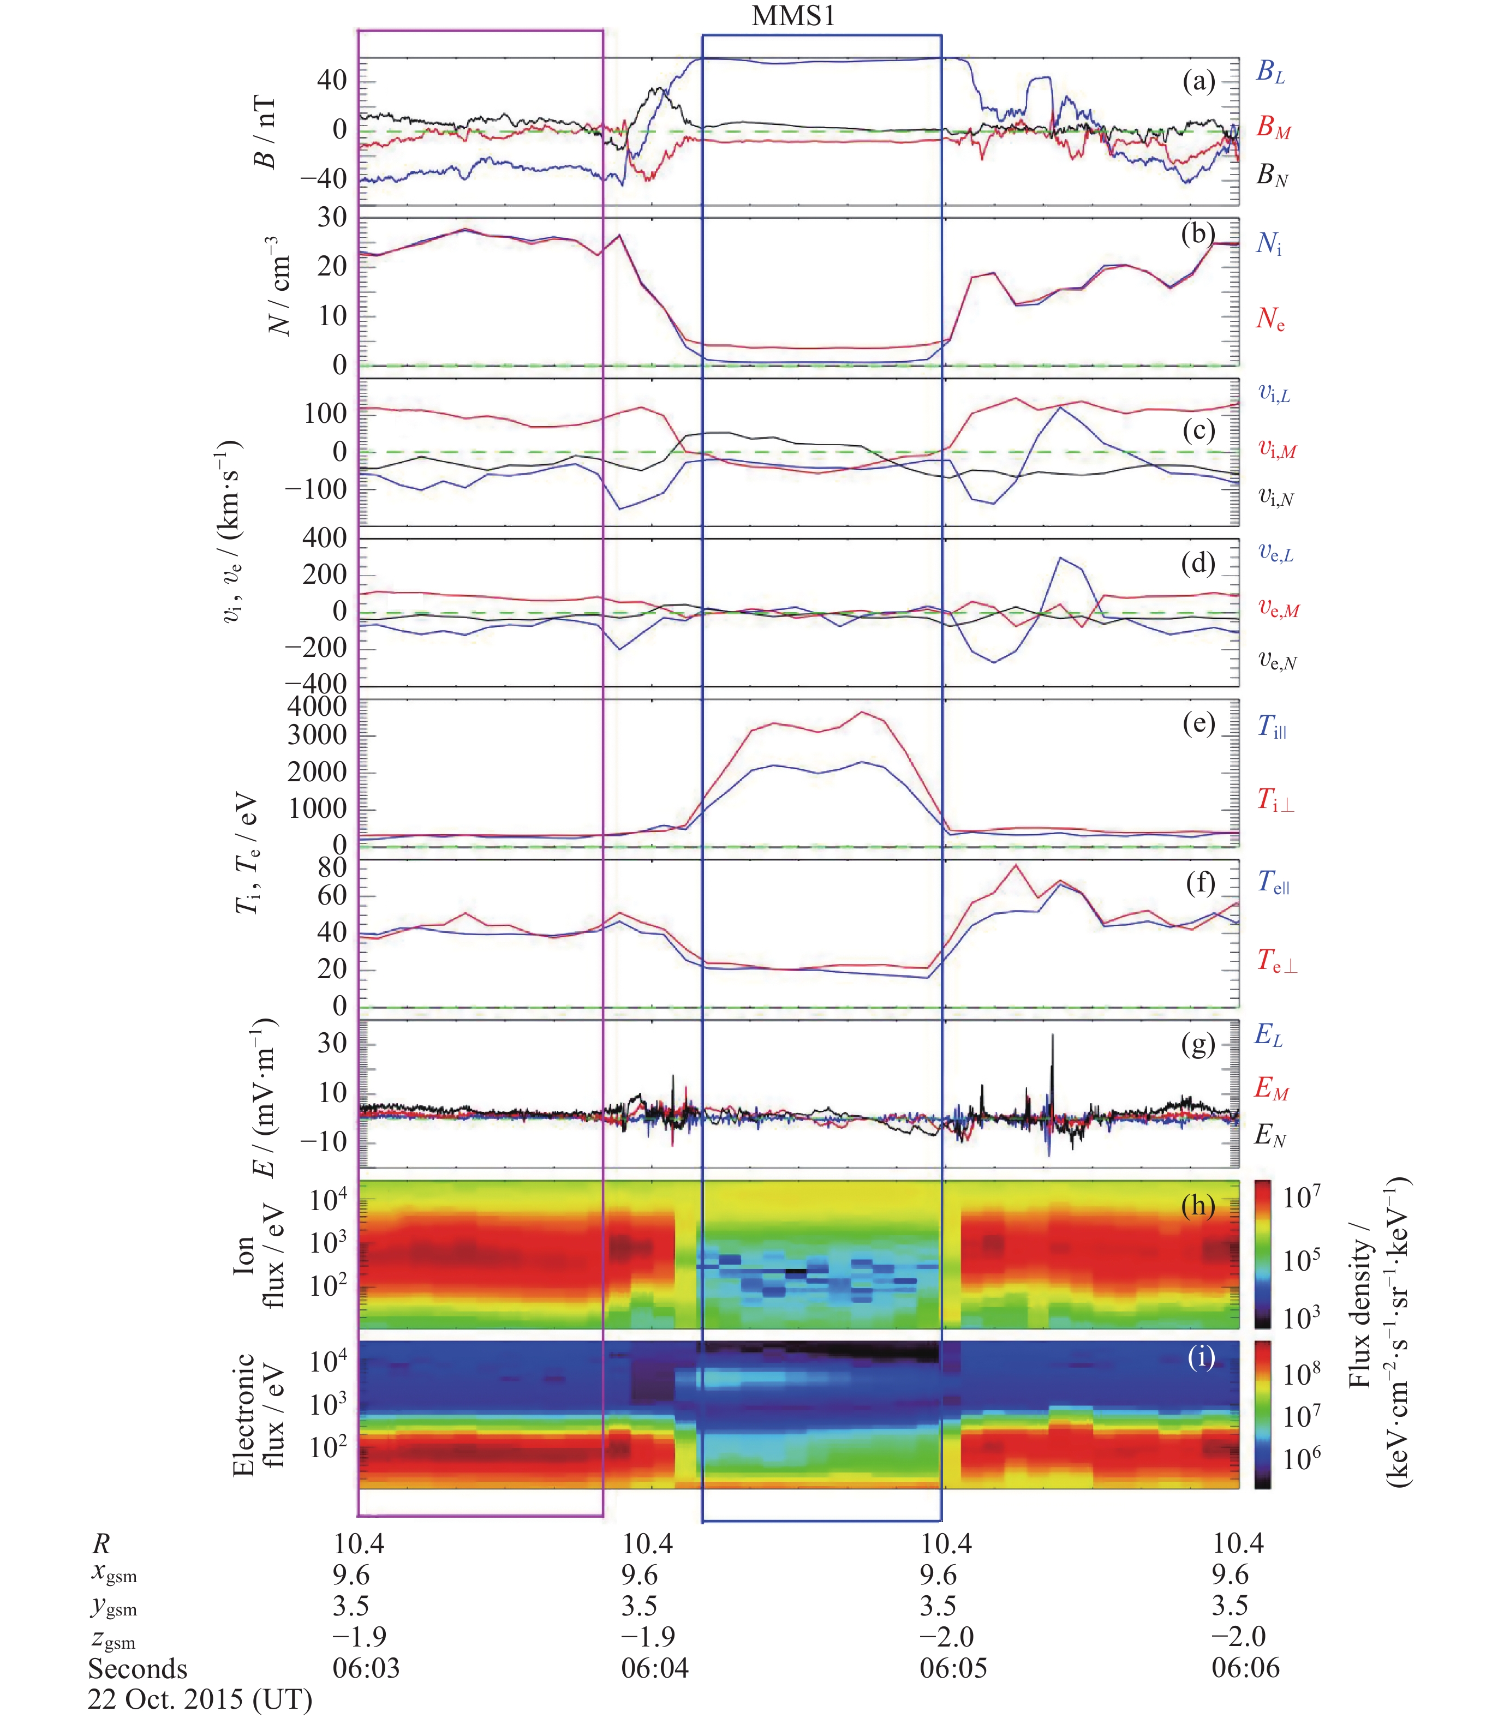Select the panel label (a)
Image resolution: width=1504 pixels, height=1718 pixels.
1198,81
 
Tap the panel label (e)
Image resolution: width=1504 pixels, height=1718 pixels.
1198,723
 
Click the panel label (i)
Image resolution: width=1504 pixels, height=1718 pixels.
1201,1357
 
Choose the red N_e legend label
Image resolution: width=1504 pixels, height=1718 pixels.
1270,319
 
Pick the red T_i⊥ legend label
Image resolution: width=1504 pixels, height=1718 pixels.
1274,801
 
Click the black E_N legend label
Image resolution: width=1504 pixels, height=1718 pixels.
1270,1136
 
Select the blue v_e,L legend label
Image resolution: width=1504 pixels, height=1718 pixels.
1275,554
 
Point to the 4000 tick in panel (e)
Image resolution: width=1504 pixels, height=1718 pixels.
317,707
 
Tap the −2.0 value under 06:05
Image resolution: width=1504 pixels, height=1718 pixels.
947,1637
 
